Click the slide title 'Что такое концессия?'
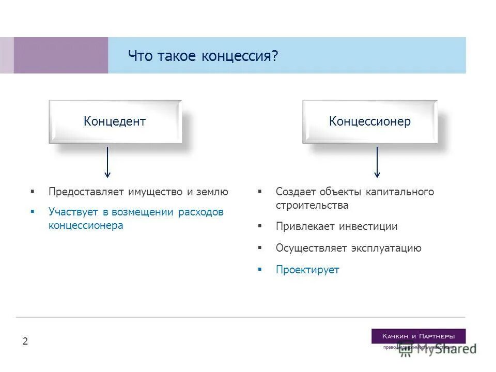click(x=203, y=56)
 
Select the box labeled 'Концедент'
click(x=115, y=121)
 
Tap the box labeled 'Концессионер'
click(x=369, y=121)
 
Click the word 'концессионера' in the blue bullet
click(x=86, y=225)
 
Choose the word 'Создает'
click(x=295, y=192)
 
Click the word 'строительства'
click(x=312, y=205)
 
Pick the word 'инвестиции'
click(x=368, y=226)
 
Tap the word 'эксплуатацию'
click(x=386, y=248)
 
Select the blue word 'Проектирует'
click(x=307, y=270)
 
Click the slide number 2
click(x=25, y=341)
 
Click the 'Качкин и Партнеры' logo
click(x=418, y=336)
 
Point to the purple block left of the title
click(x=60, y=55)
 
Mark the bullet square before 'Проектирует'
click(x=260, y=269)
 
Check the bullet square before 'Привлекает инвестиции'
click(x=260, y=226)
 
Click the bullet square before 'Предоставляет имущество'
click(x=33, y=192)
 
